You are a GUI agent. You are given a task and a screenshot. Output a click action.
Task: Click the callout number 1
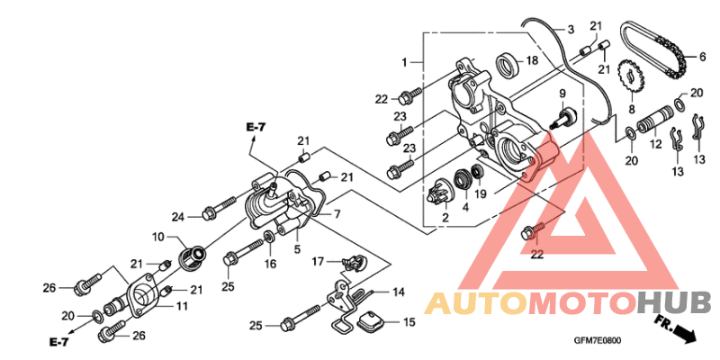click(404, 62)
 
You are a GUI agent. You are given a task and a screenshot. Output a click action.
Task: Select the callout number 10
click(158, 238)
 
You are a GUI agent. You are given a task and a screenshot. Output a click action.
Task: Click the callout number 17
click(318, 262)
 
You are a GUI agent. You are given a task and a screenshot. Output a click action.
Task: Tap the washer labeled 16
click(268, 238)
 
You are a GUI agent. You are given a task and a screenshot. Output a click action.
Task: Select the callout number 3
click(571, 31)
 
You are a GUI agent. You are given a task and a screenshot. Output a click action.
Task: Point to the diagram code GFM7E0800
click(598, 340)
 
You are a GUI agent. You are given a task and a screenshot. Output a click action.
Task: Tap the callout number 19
click(481, 194)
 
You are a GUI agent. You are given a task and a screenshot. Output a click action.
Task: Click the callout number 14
click(398, 292)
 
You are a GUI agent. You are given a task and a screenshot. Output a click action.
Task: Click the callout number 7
click(337, 214)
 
